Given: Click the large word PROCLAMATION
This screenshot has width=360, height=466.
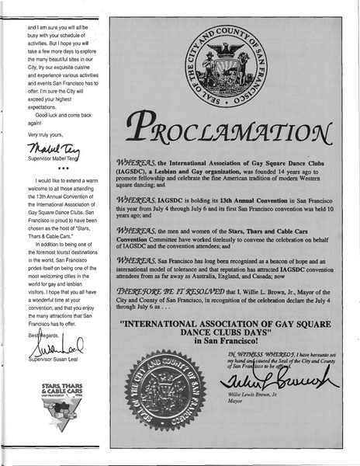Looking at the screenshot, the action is point(229,125).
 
